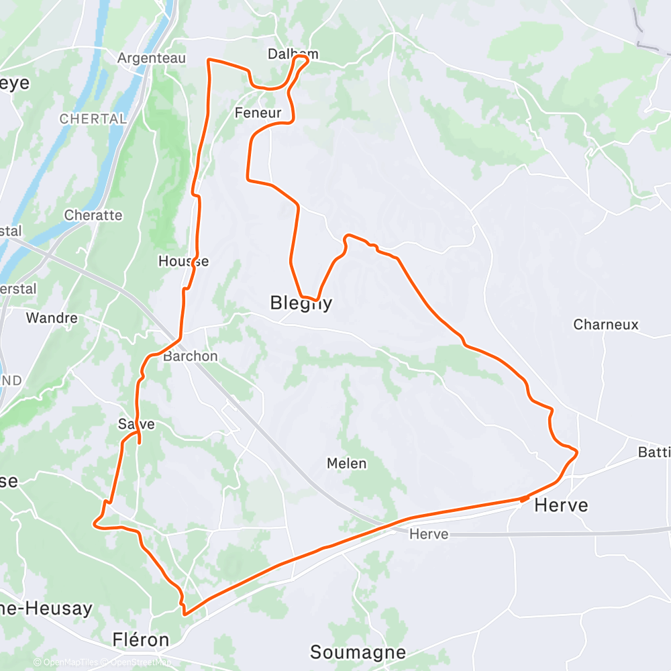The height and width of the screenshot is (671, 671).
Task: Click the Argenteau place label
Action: tap(152, 58)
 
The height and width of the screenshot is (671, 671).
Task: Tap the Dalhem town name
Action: tap(293, 54)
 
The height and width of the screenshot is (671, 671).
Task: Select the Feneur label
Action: tap(258, 113)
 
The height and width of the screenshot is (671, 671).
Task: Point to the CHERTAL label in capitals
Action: tap(93, 119)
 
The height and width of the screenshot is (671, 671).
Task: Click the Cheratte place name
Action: tap(93, 215)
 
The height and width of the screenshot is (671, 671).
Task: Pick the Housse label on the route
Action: tap(183, 261)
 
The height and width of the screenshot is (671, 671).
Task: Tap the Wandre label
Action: tap(52, 317)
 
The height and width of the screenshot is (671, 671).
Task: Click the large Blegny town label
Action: tap(301, 303)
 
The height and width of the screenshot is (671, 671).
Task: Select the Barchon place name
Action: tap(191, 356)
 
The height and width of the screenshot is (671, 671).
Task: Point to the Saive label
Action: tap(136, 424)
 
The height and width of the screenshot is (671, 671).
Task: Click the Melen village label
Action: tap(346, 463)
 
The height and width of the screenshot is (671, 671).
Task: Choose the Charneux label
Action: tap(605, 325)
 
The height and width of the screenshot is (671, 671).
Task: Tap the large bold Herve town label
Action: tap(561, 505)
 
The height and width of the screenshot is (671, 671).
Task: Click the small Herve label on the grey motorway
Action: tap(428, 534)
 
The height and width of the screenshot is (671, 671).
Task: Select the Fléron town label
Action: tap(141, 639)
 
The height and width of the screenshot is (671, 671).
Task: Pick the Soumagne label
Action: tap(358, 652)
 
